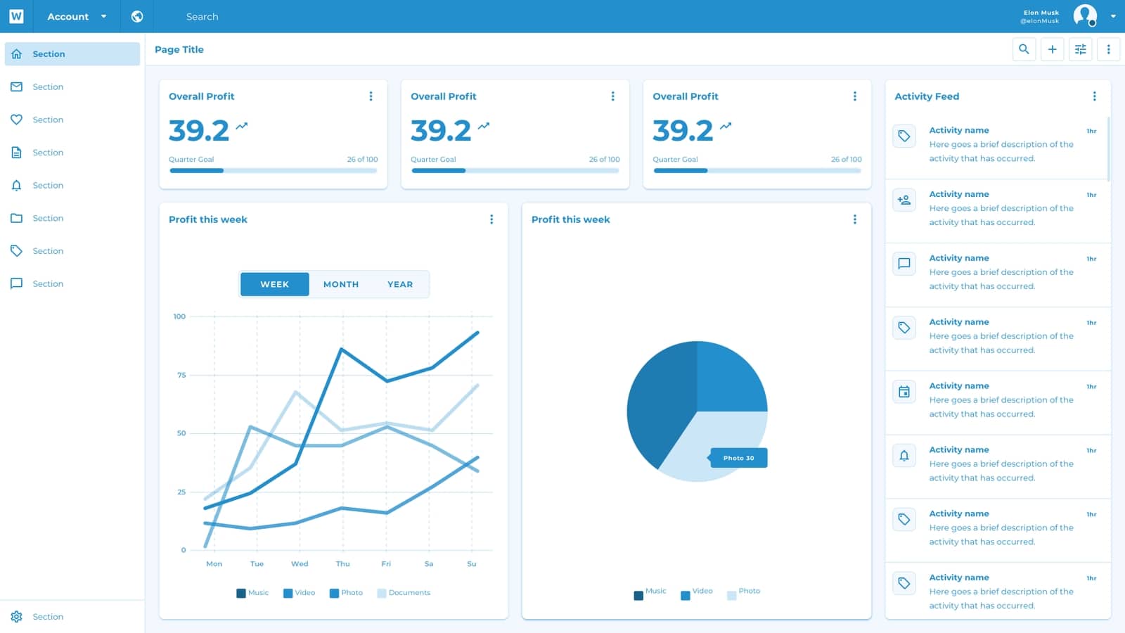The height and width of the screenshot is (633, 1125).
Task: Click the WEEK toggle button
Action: click(274, 284)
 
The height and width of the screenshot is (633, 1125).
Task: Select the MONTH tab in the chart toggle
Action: click(341, 284)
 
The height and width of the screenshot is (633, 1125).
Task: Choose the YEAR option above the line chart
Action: click(400, 284)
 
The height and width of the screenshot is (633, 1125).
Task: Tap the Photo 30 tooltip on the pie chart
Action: click(738, 458)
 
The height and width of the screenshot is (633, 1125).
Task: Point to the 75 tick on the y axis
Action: click(181, 375)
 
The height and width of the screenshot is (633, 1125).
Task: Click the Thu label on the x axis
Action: click(342, 564)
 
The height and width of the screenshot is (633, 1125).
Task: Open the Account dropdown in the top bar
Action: click(77, 16)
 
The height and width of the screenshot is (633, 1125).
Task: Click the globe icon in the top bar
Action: click(137, 16)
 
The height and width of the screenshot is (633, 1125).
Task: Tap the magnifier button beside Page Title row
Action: click(1024, 49)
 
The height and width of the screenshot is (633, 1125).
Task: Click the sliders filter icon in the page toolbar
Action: click(1080, 49)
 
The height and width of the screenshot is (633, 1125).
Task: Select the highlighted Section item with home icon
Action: click(72, 54)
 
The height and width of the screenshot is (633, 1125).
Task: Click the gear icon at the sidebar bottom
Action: click(17, 617)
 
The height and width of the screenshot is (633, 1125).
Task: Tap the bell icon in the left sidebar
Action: click(17, 186)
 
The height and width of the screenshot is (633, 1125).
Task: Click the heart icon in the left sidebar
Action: click(17, 120)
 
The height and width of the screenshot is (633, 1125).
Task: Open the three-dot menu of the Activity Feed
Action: click(1094, 96)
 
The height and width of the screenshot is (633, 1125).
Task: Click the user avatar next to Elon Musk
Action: click(1085, 15)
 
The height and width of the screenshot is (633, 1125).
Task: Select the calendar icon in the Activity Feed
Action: click(904, 392)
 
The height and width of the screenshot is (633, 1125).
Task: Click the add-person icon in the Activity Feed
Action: click(904, 200)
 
